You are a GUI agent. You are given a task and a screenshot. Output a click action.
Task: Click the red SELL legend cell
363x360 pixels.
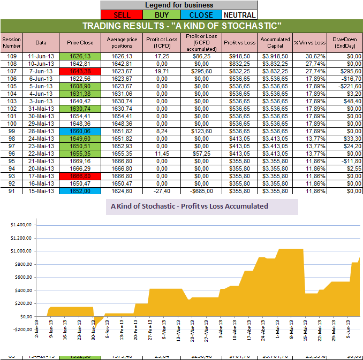click(122, 15)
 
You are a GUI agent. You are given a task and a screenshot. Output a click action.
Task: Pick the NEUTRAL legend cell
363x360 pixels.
click(239, 15)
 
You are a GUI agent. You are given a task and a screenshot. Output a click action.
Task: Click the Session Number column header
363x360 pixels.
click(11, 42)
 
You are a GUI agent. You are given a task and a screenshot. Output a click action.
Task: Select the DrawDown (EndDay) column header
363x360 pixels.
click(344, 42)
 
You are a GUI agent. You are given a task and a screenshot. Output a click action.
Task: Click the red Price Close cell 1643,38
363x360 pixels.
click(80, 71)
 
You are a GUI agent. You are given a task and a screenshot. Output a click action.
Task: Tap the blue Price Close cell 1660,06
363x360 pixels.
click(80, 131)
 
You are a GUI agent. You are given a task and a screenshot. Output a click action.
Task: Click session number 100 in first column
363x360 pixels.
click(11, 124)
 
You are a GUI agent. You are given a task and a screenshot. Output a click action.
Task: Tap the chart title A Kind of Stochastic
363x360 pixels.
click(189, 206)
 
